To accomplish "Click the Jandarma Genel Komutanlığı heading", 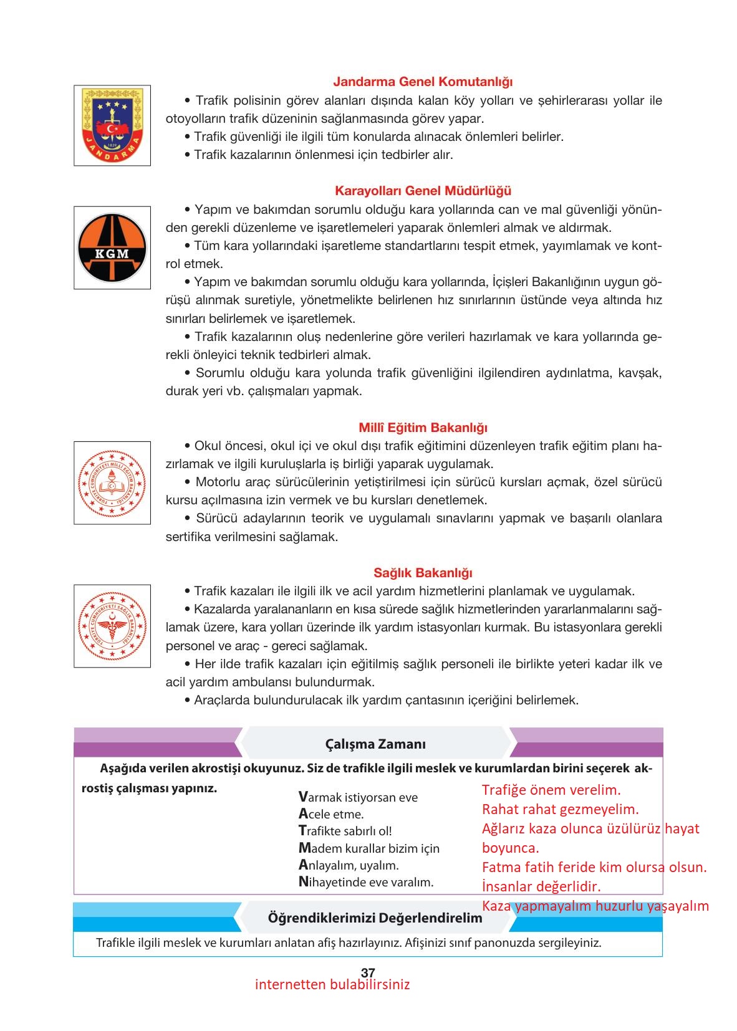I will point(423,82).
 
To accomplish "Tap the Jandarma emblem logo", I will point(112,125).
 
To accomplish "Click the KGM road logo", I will point(112,248).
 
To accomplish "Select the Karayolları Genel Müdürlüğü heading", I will point(423,191).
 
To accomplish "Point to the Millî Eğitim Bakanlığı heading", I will point(423,428).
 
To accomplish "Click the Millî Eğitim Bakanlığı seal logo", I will point(112,483).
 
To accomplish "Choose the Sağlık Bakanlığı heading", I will point(423,573).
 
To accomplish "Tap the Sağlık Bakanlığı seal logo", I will point(112,626).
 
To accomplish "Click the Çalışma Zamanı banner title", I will point(375,744).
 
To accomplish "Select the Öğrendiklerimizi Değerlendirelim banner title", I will point(375,918).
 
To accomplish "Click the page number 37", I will point(368,972).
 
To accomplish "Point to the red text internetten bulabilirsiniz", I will point(332,985).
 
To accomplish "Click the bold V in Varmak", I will point(303,797).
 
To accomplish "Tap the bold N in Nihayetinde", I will point(304,881).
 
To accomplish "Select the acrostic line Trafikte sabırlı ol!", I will point(345,831).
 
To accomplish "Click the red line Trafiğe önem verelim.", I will point(551,790).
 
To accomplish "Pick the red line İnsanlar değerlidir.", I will point(541,886).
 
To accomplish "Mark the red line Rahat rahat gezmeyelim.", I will point(561,810).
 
